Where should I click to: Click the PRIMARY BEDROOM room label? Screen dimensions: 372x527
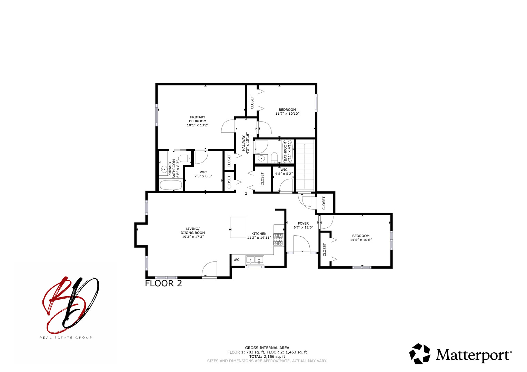(198, 121)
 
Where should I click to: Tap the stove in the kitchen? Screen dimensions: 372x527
(278, 240)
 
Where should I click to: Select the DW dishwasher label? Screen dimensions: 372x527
(237, 259)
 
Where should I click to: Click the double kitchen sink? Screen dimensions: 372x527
(255, 260)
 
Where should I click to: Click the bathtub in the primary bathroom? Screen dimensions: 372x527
(171, 185)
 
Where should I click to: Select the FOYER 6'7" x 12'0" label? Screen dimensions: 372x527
(303, 225)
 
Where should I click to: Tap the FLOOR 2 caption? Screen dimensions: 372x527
(163, 283)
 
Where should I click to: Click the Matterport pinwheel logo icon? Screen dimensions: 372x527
(420, 354)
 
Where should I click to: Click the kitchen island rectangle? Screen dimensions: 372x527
(238, 227)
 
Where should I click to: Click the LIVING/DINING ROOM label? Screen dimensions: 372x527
(193, 233)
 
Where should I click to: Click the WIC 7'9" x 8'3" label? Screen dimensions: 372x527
(203, 174)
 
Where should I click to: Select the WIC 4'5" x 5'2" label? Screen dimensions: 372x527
(284, 172)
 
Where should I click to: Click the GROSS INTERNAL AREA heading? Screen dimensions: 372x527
(267, 348)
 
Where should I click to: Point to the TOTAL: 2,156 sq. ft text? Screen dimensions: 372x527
(267, 356)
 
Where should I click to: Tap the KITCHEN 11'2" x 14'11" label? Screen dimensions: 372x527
(259, 236)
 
